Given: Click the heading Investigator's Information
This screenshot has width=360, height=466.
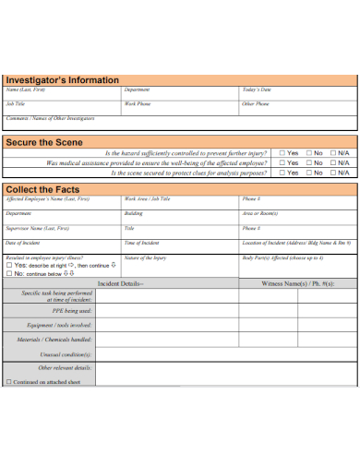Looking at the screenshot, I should coord(63,80).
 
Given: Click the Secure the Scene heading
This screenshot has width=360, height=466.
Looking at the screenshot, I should coord(44,142).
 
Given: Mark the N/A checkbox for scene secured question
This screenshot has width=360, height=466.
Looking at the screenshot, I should coord(333,173).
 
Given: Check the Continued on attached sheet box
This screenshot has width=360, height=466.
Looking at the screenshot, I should coord(9,381).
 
